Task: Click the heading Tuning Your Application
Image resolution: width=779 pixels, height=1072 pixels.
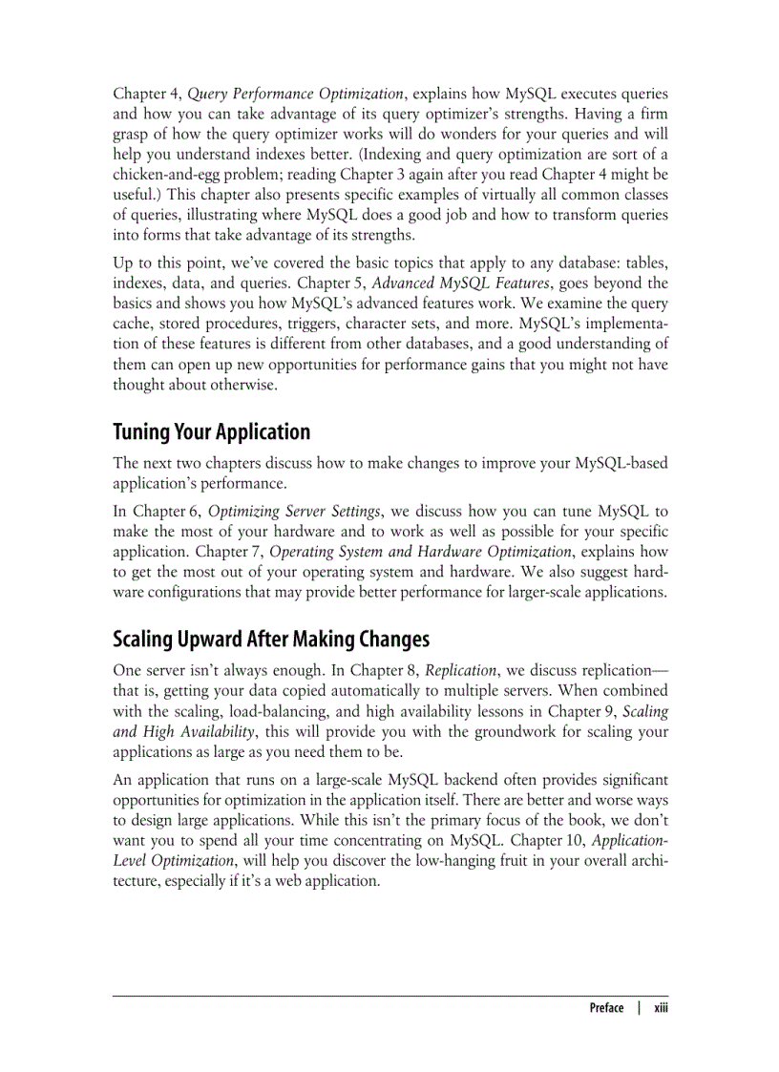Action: pos(211,432)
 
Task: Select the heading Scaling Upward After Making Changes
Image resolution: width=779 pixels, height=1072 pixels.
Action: pos(271,639)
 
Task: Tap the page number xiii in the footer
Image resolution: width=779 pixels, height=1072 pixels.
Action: pos(660,1008)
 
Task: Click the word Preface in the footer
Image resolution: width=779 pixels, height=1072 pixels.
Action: pos(606,1008)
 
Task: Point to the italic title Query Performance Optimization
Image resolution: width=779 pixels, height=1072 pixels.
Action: pos(295,94)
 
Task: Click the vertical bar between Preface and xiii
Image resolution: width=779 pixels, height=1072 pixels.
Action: pos(639,1008)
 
